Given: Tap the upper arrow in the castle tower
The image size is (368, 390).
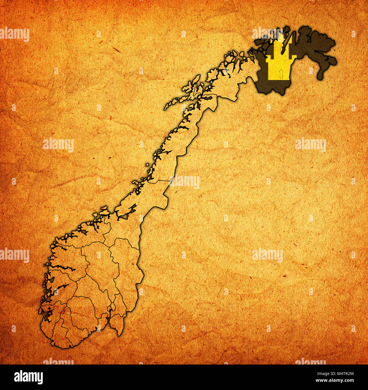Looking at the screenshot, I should pyautogui.click(x=281, y=48).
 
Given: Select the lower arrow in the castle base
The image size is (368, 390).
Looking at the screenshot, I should pyautogui.click(x=281, y=73).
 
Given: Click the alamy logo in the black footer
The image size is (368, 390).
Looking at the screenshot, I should pyautogui.click(x=29, y=377).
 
